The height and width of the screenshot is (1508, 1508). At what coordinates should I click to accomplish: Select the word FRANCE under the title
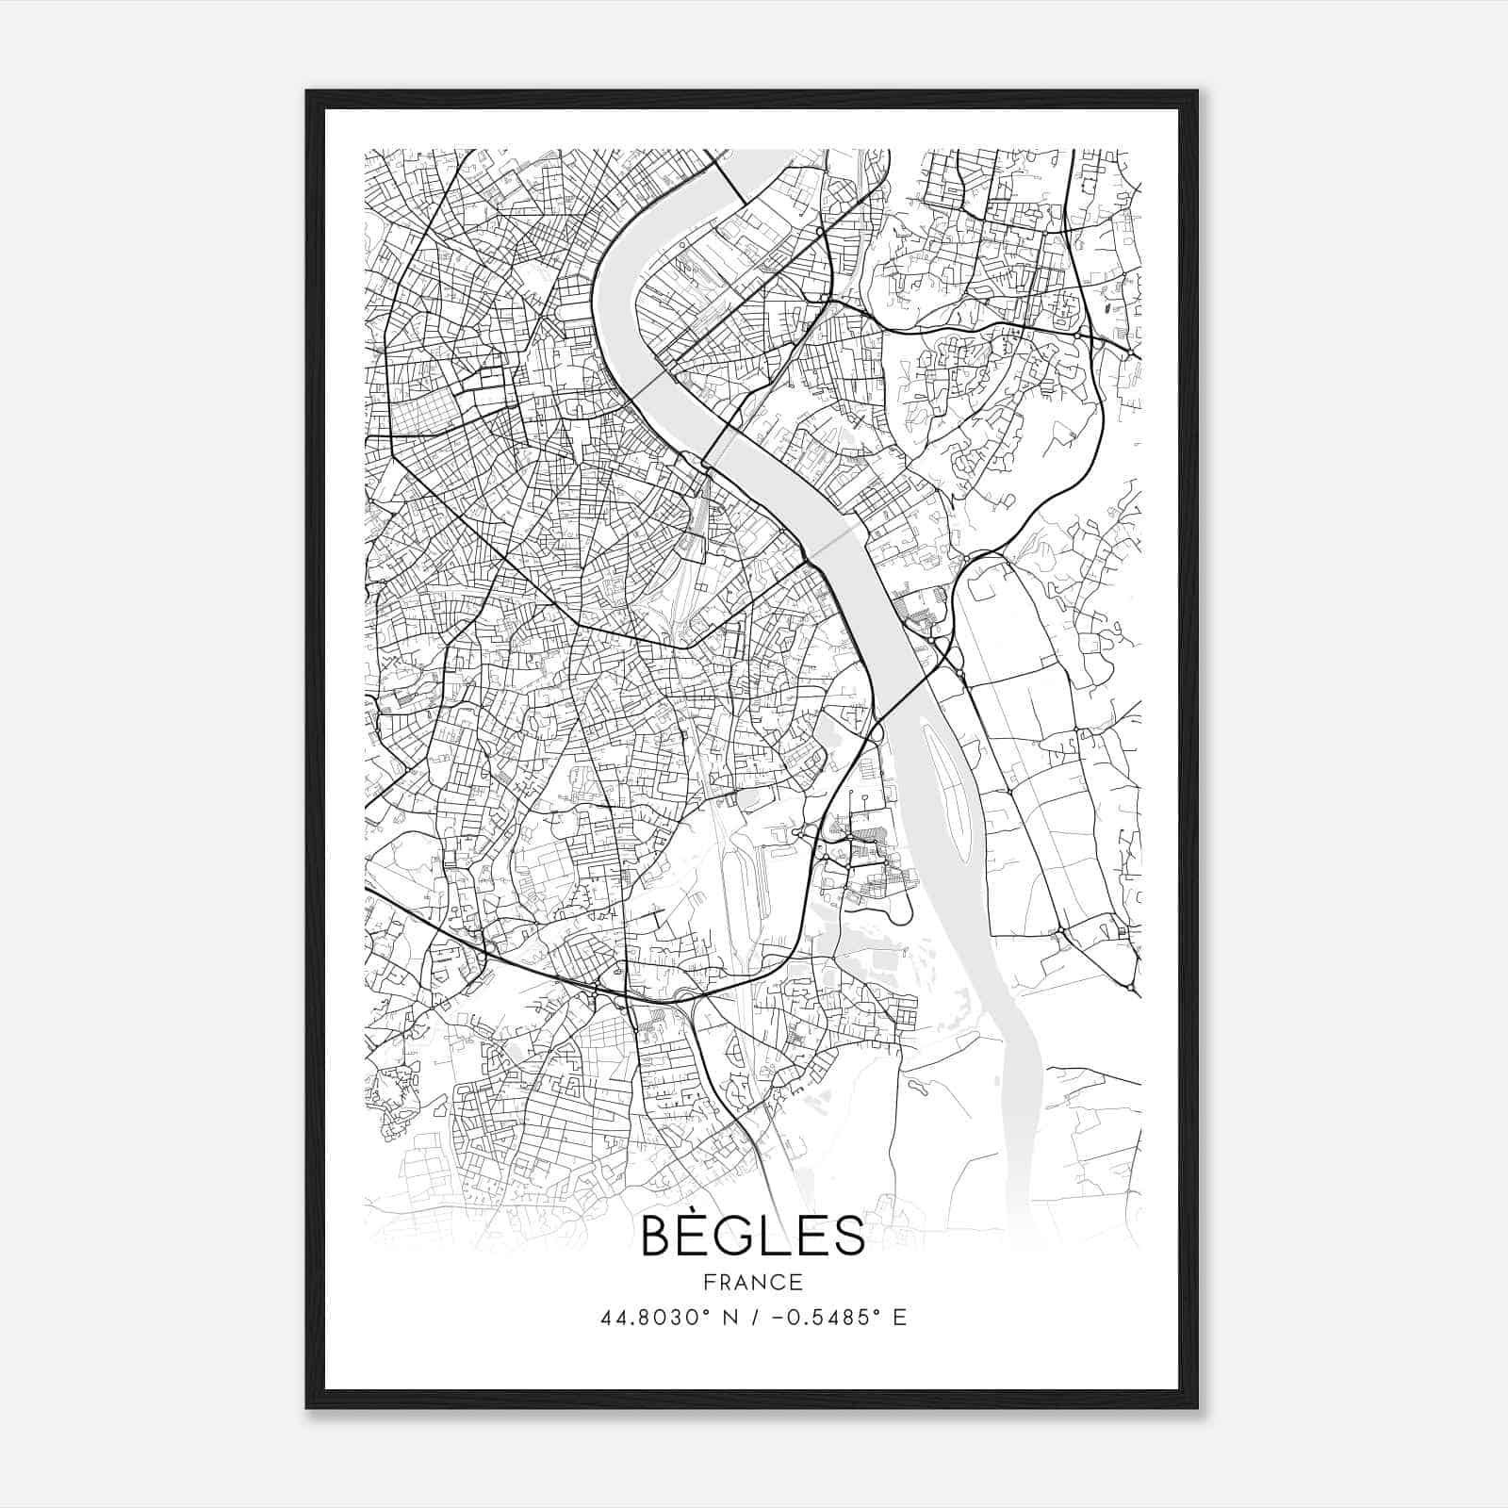point(752,1282)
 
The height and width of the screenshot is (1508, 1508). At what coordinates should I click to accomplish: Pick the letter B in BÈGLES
point(656,1237)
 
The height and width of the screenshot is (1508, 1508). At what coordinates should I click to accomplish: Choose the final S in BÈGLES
point(848,1237)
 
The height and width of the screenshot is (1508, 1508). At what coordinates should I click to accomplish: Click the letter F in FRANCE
point(710,1282)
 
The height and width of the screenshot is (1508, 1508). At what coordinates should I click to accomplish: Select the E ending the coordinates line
point(900,1318)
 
